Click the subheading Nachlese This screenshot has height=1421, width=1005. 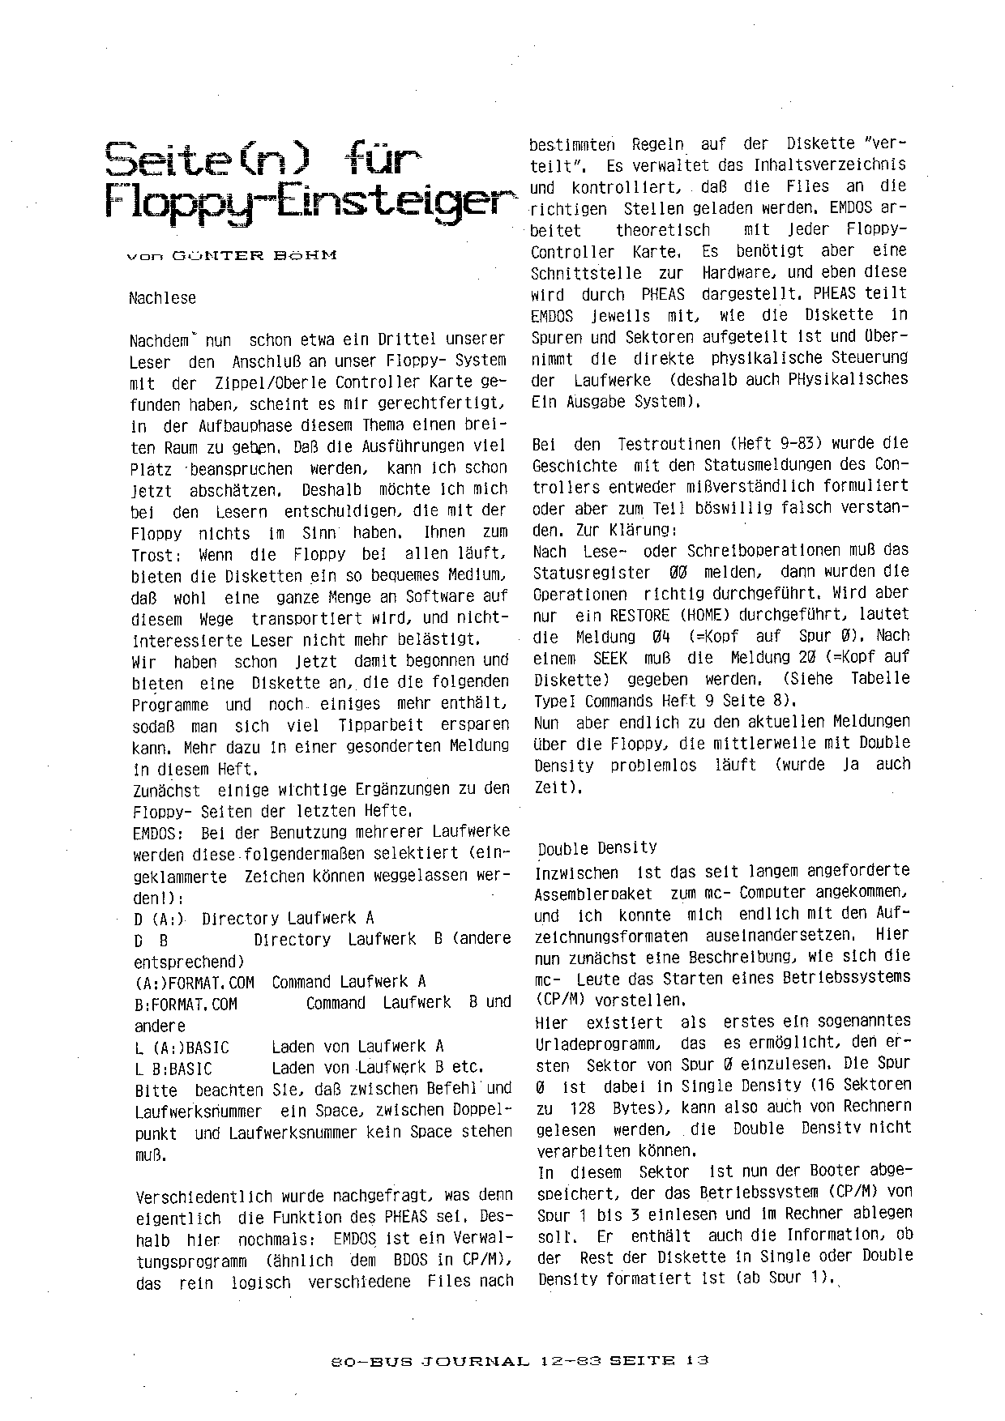coord(162,298)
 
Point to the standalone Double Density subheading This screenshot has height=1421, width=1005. coord(597,848)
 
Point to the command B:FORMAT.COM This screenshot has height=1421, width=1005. coord(186,1004)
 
